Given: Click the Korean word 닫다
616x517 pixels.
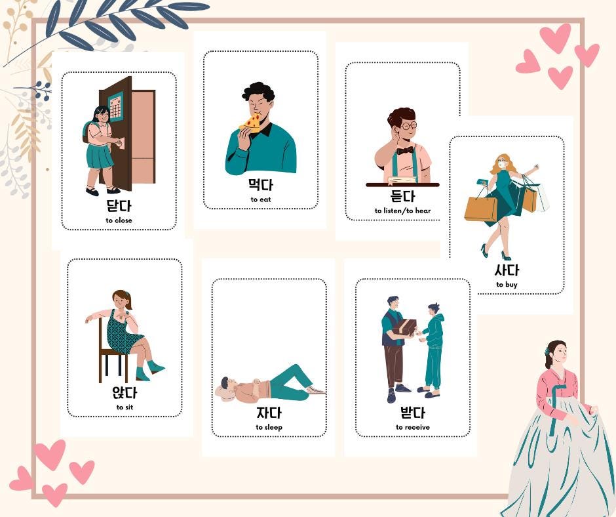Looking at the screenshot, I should (119, 206).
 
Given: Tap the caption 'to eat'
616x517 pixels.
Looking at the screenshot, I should (260, 199).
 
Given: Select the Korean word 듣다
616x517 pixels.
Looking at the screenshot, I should (402, 196).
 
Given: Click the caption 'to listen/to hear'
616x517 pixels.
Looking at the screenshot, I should (402, 211).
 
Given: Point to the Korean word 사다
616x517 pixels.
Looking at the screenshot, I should (507, 270).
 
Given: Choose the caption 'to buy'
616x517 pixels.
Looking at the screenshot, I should (507, 285).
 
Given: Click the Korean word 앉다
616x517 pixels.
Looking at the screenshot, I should (125, 393).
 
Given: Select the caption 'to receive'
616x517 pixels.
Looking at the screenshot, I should (413, 427).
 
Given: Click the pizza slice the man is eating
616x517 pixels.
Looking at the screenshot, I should (251, 122).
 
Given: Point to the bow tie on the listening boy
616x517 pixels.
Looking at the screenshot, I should (404, 150).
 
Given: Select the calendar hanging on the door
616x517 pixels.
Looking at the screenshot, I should (115, 106).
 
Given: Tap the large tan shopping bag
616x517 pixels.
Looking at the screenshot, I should (480, 209).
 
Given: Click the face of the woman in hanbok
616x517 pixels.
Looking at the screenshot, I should (558, 354).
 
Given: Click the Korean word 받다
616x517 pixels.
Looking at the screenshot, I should (413, 413).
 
